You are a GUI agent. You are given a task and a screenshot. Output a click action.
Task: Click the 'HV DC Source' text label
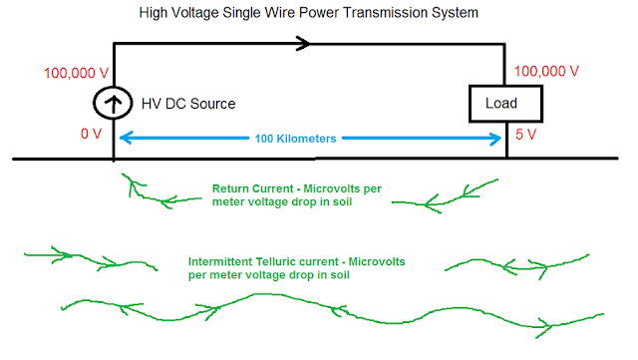pyautogui.click(x=190, y=104)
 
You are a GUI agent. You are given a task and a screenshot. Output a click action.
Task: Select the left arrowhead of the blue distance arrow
pyautogui.click(x=127, y=139)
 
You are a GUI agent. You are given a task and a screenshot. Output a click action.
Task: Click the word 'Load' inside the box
pyautogui.click(x=499, y=102)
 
